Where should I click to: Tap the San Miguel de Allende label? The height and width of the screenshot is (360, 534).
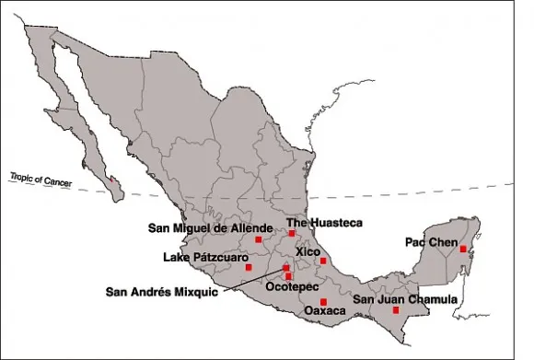(x=211, y=227)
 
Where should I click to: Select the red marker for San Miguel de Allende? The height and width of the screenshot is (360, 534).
(x=259, y=239)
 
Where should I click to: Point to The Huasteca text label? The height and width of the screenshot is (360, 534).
(x=324, y=223)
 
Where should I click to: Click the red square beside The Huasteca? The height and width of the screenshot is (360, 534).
(x=292, y=233)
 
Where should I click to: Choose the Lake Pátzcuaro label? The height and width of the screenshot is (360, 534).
(x=205, y=257)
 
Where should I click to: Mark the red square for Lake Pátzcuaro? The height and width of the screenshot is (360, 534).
(x=249, y=267)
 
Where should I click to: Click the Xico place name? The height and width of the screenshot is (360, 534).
(x=308, y=251)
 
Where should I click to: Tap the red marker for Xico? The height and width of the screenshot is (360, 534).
(x=323, y=261)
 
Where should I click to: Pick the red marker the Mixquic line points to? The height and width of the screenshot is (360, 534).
(x=286, y=268)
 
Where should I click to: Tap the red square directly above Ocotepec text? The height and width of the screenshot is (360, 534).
(x=289, y=276)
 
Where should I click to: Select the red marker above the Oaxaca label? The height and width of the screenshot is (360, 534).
(x=323, y=301)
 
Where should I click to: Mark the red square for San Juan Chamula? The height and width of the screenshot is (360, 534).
(x=396, y=310)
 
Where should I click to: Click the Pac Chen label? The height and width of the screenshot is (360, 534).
(x=431, y=242)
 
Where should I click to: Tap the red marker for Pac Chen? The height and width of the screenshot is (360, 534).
(x=462, y=249)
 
